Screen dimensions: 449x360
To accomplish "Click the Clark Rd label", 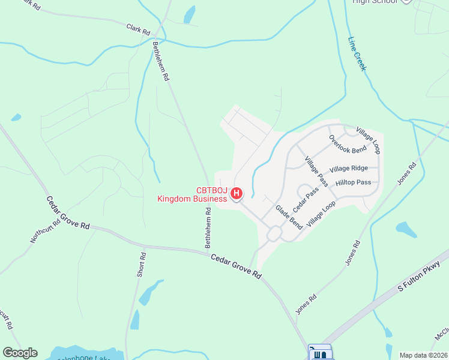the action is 137,28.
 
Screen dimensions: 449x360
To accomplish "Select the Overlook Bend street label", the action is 347,144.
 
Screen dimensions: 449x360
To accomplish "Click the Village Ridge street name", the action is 348,169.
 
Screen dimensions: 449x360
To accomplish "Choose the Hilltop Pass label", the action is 354,182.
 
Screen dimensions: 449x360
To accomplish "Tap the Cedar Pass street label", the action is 305,199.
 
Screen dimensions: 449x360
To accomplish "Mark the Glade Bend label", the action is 289,217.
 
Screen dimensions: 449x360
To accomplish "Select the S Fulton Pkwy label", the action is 419,277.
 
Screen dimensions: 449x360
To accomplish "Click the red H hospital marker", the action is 237,193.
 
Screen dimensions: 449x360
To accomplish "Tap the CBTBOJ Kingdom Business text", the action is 192,195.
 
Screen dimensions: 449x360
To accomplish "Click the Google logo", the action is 20,353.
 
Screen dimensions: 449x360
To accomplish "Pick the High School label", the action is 375,2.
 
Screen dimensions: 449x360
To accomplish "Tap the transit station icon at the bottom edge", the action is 319,353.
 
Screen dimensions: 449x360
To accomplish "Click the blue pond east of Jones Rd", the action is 406,229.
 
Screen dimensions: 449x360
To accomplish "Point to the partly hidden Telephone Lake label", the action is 84,358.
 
